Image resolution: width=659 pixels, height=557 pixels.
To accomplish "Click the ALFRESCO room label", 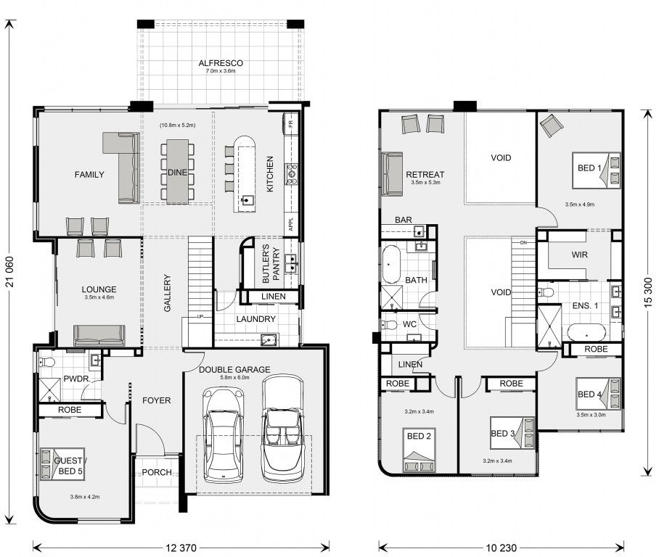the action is [221, 63].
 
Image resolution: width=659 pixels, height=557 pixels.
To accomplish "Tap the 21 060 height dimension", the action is [9, 272].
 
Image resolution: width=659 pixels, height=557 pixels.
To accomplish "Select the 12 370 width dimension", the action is [181, 548].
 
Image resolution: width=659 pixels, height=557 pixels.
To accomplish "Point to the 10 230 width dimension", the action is [501, 548].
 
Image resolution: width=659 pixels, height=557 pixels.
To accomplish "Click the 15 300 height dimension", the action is [647, 292].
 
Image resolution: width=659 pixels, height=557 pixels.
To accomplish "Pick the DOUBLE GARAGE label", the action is [234, 370].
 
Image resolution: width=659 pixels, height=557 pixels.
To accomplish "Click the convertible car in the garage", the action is [282, 428].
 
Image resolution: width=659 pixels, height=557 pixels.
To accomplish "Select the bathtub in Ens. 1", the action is [586, 332].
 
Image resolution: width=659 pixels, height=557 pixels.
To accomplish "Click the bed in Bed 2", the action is [419, 450].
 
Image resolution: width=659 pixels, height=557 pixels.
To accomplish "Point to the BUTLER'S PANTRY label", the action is [271, 264].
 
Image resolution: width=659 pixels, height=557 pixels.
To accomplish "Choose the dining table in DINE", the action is [177, 171].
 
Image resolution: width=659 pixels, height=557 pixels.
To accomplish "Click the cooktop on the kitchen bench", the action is [292, 174].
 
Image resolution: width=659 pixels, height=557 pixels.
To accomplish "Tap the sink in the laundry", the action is [269, 339].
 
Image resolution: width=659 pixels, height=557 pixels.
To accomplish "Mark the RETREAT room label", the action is [425, 174].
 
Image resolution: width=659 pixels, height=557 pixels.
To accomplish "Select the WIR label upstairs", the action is [580, 255].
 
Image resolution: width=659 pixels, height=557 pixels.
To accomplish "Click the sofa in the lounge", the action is [99, 335].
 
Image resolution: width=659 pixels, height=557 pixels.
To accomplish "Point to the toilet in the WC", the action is [389, 325].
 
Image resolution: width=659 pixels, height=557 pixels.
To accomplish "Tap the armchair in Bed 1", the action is [552, 125].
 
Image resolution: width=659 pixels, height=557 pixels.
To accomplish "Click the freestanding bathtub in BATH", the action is [392, 265].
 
